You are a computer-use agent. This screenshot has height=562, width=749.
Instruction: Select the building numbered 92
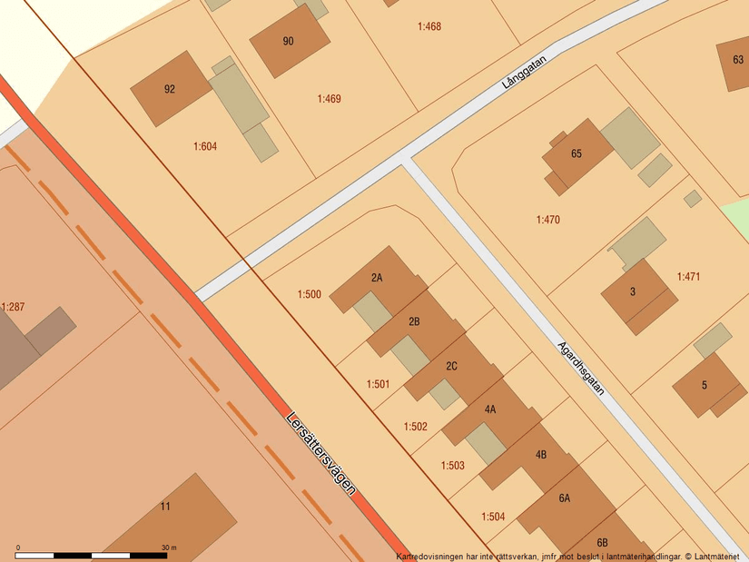170,89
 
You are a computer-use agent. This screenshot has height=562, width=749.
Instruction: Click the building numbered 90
289,41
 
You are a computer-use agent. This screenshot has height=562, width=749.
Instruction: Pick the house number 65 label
576,153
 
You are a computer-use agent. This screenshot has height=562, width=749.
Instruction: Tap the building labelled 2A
377,278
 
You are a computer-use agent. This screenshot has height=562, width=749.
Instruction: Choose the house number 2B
414,321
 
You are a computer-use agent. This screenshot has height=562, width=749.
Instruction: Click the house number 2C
451,366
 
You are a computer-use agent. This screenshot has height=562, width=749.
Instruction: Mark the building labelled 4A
490,409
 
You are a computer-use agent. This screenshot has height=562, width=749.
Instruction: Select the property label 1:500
310,294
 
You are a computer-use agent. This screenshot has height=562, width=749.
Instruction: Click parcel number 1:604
205,146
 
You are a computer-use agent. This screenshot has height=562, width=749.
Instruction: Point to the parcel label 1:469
330,99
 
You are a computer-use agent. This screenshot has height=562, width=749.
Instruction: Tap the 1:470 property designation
548,220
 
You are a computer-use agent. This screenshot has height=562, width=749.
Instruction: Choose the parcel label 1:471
688,276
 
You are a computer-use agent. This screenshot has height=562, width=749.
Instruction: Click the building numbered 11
164,507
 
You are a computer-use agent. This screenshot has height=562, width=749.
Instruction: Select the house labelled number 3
633,291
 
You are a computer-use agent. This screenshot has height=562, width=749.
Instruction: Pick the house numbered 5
704,385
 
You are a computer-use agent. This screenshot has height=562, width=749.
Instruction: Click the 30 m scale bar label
169,547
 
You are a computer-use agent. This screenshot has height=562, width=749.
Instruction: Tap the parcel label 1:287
13,308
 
